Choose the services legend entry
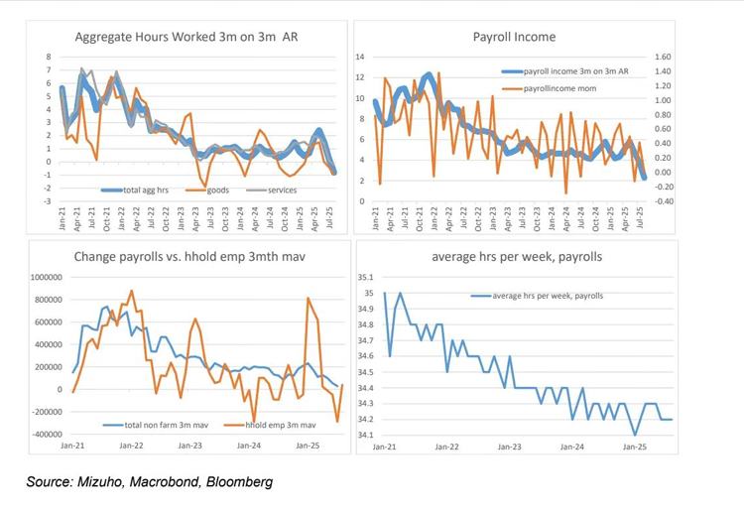pyautogui.click(x=281, y=190)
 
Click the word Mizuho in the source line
pyautogui.click(x=114, y=482)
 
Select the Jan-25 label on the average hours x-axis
pyautogui.click(x=634, y=448)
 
